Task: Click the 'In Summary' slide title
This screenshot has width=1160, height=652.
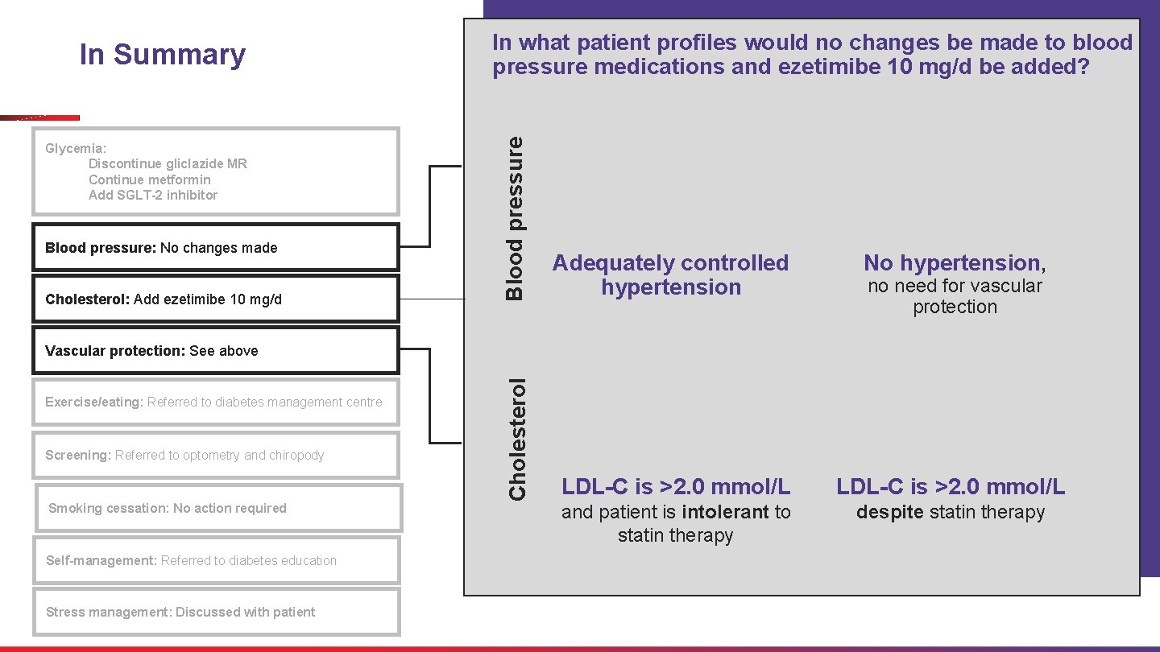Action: [x=162, y=55]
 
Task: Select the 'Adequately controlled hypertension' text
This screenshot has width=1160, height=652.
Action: [x=670, y=274]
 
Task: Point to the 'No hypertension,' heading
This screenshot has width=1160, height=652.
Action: [x=955, y=262]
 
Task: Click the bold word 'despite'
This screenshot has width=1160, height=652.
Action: [x=890, y=512]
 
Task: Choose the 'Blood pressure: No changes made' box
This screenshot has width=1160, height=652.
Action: [x=216, y=248]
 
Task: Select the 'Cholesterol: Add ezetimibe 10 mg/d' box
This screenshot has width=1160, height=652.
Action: [x=216, y=299]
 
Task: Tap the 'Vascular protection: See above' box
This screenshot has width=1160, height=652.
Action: [x=216, y=351]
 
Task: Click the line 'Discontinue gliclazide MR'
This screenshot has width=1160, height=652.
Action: [x=168, y=163]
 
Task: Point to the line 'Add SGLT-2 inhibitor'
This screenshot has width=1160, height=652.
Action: [x=153, y=195]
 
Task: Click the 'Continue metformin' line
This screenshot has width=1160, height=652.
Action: [x=150, y=180]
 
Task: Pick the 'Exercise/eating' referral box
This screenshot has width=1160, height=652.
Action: [x=216, y=402]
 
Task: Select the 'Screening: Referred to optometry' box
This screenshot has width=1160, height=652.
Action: [x=216, y=455]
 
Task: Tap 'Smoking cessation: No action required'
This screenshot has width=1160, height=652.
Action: [x=217, y=508]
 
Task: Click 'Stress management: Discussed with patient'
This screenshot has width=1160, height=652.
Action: [x=216, y=612]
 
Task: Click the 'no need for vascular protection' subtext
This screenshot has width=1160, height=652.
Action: [x=955, y=296]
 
